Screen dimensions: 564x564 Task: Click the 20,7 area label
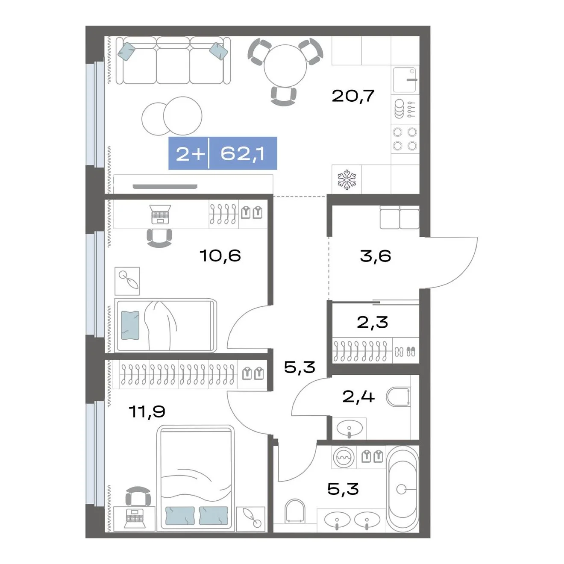click(353, 96)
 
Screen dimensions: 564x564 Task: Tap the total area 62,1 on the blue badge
click(242, 153)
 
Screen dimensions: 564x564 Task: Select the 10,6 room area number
click(220, 256)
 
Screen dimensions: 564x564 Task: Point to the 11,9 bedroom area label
click(147, 411)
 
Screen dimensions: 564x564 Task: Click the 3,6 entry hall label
click(376, 256)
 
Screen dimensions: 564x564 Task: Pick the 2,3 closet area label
click(372, 322)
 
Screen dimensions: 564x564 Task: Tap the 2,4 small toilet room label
click(358, 397)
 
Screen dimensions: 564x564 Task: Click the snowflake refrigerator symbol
click(347, 179)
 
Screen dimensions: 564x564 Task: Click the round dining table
click(285, 66)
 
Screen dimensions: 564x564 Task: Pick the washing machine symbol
click(344, 457)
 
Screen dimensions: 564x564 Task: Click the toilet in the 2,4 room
click(398, 397)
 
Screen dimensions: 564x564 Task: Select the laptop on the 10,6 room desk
click(160, 214)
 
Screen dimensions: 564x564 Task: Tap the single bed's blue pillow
click(130, 325)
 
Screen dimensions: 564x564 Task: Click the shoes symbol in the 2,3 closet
click(405, 351)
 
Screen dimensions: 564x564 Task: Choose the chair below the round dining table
click(283, 96)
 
